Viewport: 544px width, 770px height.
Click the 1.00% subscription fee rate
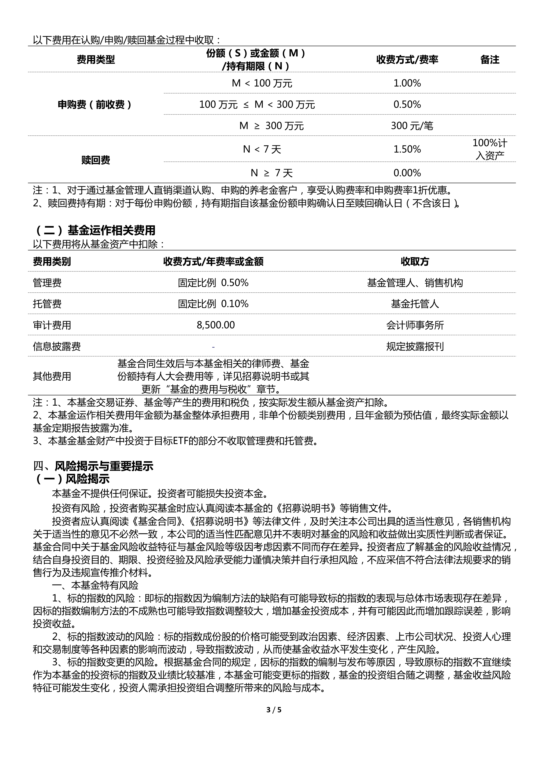[x=407, y=83]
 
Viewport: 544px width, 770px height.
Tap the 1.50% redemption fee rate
[x=407, y=149]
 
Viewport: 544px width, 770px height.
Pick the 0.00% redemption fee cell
[x=407, y=173]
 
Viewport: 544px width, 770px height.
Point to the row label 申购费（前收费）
[x=95, y=105]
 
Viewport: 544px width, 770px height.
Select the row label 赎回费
[x=95, y=160]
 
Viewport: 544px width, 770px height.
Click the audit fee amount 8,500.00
[x=216, y=325]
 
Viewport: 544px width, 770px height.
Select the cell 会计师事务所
[x=415, y=325]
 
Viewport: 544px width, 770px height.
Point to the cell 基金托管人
[x=415, y=304]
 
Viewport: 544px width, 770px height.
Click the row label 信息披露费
[x=57, y=346]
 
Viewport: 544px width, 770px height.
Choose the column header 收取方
[x=415, y=262]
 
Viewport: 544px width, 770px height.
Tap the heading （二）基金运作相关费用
[x=95, y=230]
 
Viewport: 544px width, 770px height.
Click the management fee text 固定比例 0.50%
[x=213, y=283]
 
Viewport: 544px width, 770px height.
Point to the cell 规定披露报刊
[x=415, y=346]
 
